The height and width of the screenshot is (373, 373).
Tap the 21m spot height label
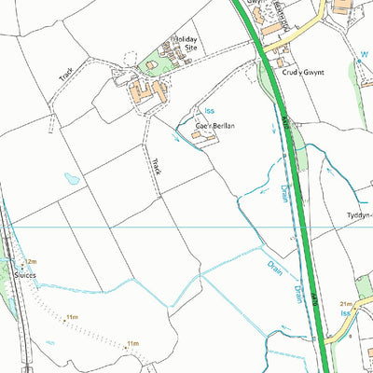345,304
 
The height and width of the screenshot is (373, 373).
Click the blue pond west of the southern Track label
73,177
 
